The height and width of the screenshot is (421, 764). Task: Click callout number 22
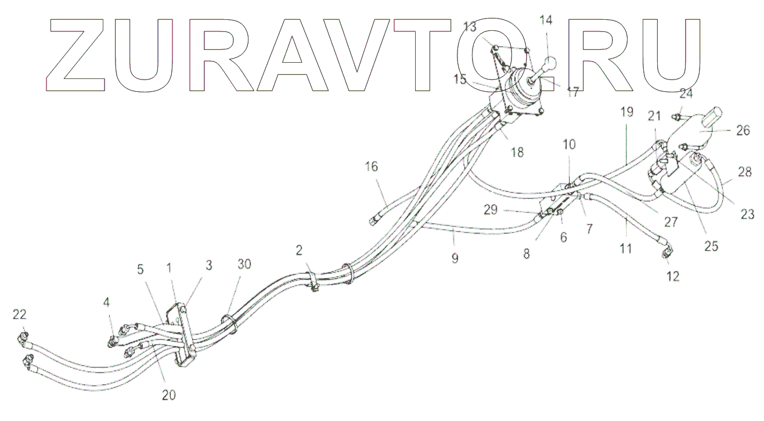point(19,314)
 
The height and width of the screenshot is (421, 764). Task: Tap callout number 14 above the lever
point(546,20)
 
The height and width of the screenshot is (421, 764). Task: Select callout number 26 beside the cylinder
point(743,131)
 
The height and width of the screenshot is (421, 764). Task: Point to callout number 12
point(672,276)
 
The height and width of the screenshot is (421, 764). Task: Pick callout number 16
point(372,167)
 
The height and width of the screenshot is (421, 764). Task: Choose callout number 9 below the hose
point(455,258)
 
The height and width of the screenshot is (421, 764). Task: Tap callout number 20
point(168,395)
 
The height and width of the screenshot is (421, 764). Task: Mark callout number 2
point(299,250)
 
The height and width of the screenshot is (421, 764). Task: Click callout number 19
point(626,112)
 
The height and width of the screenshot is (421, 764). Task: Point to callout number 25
point(711,246)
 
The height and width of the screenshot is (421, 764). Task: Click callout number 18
point(517,152)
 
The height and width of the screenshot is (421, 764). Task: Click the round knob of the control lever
point(550,63)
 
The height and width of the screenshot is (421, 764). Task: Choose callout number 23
point(748,215)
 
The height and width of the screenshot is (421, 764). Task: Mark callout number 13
point(470,27)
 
